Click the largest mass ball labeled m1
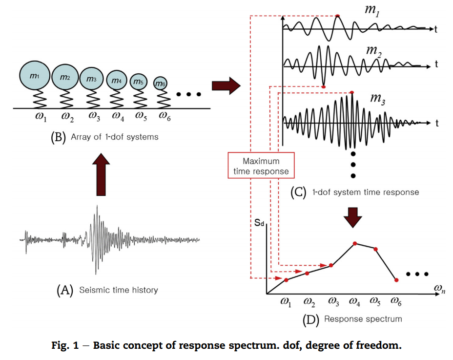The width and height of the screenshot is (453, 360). (34, 77)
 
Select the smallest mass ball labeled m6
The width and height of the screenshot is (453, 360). (161, 84)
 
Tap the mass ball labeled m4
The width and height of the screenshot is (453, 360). (116, 80)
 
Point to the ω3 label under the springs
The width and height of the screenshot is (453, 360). (94, 116)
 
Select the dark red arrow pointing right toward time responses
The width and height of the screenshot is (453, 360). (226, 86)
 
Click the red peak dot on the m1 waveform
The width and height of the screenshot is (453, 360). (338, 16)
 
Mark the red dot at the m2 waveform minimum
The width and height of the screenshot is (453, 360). (323, 87)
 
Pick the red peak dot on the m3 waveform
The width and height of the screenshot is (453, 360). (352, 92)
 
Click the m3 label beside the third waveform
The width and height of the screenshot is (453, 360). (378, 99)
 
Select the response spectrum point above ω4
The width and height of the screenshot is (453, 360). (355, 243)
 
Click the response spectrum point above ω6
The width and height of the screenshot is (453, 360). (396, 280)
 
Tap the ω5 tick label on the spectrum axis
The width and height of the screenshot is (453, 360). (375, 301)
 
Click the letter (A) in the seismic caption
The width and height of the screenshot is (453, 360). (65, 290)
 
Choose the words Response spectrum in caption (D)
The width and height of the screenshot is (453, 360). (363, 319)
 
